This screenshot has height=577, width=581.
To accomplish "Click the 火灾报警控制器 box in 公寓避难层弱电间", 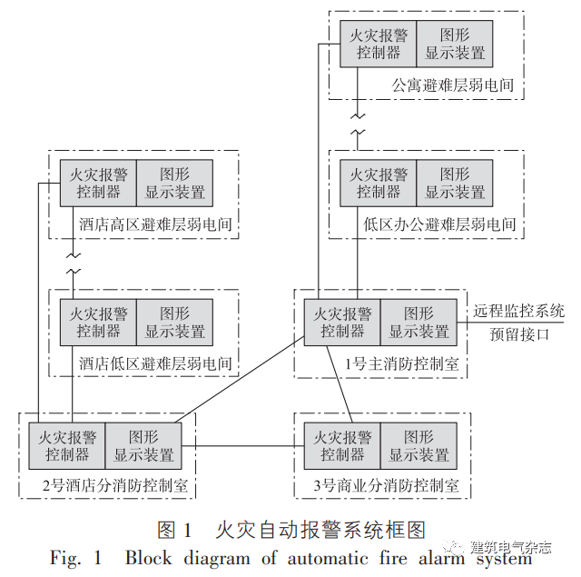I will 379,44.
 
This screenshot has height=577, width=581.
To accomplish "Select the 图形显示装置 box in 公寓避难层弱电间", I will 455,44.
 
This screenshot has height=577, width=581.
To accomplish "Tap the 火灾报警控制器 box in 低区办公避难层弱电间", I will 379,184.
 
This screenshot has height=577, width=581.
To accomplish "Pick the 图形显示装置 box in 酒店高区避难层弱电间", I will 175,184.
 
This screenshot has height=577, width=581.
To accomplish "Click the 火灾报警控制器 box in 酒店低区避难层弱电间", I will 99,323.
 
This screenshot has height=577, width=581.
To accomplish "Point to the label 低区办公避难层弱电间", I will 439,224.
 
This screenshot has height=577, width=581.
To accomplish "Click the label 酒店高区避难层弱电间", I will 155,224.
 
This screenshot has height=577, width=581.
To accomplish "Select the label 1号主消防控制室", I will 401,364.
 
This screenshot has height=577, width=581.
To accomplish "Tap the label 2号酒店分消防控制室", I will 114,486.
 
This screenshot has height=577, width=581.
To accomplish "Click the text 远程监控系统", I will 518,311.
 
